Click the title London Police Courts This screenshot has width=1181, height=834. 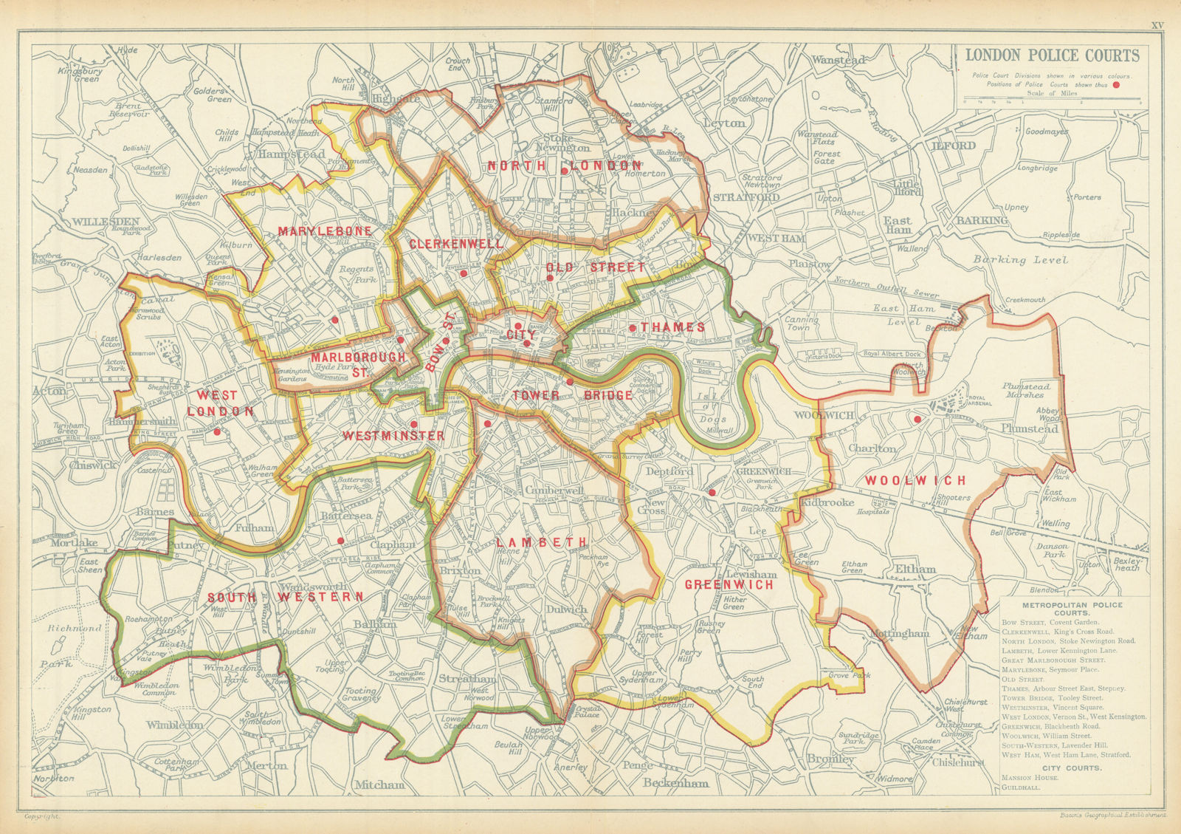point(1053,55)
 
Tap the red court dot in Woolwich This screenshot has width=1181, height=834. point(917,419)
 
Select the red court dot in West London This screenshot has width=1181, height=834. point(217,431)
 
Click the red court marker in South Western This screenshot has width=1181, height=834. point(340,541)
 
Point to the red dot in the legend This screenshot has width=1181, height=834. point(1117,84)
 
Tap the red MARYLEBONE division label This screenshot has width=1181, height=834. point(324,231)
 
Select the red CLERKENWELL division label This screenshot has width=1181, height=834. point(455,244)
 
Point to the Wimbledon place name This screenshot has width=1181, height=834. point(174,725)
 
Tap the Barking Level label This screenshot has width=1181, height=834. point(1020,259)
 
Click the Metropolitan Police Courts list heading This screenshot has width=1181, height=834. point(1072,609)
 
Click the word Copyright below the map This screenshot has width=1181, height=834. point(42,816)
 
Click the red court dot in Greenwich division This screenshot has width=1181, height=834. point(712,492)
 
